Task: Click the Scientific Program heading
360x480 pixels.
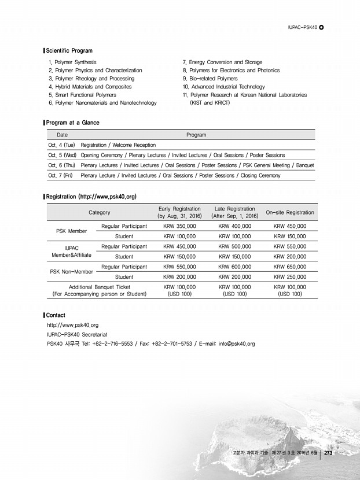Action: coord(69,51)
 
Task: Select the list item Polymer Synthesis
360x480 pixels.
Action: coord(73,62)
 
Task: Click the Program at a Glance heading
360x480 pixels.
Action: coord(72,123)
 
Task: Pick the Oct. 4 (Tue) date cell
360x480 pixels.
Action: coord(61,145)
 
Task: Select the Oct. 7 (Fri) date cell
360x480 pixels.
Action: coord(60,175)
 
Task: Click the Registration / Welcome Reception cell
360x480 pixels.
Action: coord(119,145)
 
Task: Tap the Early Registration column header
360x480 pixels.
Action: coord(179,212)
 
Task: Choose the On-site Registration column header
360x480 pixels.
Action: coord(290,212)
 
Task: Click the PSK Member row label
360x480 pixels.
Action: coord(71,231)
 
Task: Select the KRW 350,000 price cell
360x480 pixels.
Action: coord(179,226)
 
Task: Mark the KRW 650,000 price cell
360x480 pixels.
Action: coord(290,267)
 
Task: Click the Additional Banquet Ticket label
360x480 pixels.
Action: coord(100,286)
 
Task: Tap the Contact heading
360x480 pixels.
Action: coord(56,315)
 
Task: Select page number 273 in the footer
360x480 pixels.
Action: coord(327,452)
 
